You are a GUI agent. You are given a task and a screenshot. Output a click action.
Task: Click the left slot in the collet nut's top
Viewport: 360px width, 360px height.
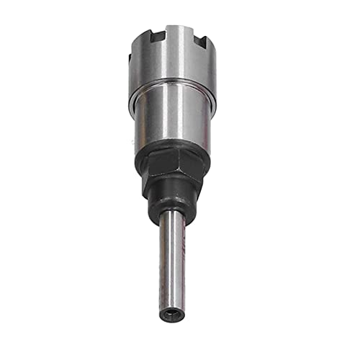[x=157, y=35]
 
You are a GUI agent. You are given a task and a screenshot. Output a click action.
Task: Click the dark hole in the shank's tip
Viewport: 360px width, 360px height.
[x=170, y=313]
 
